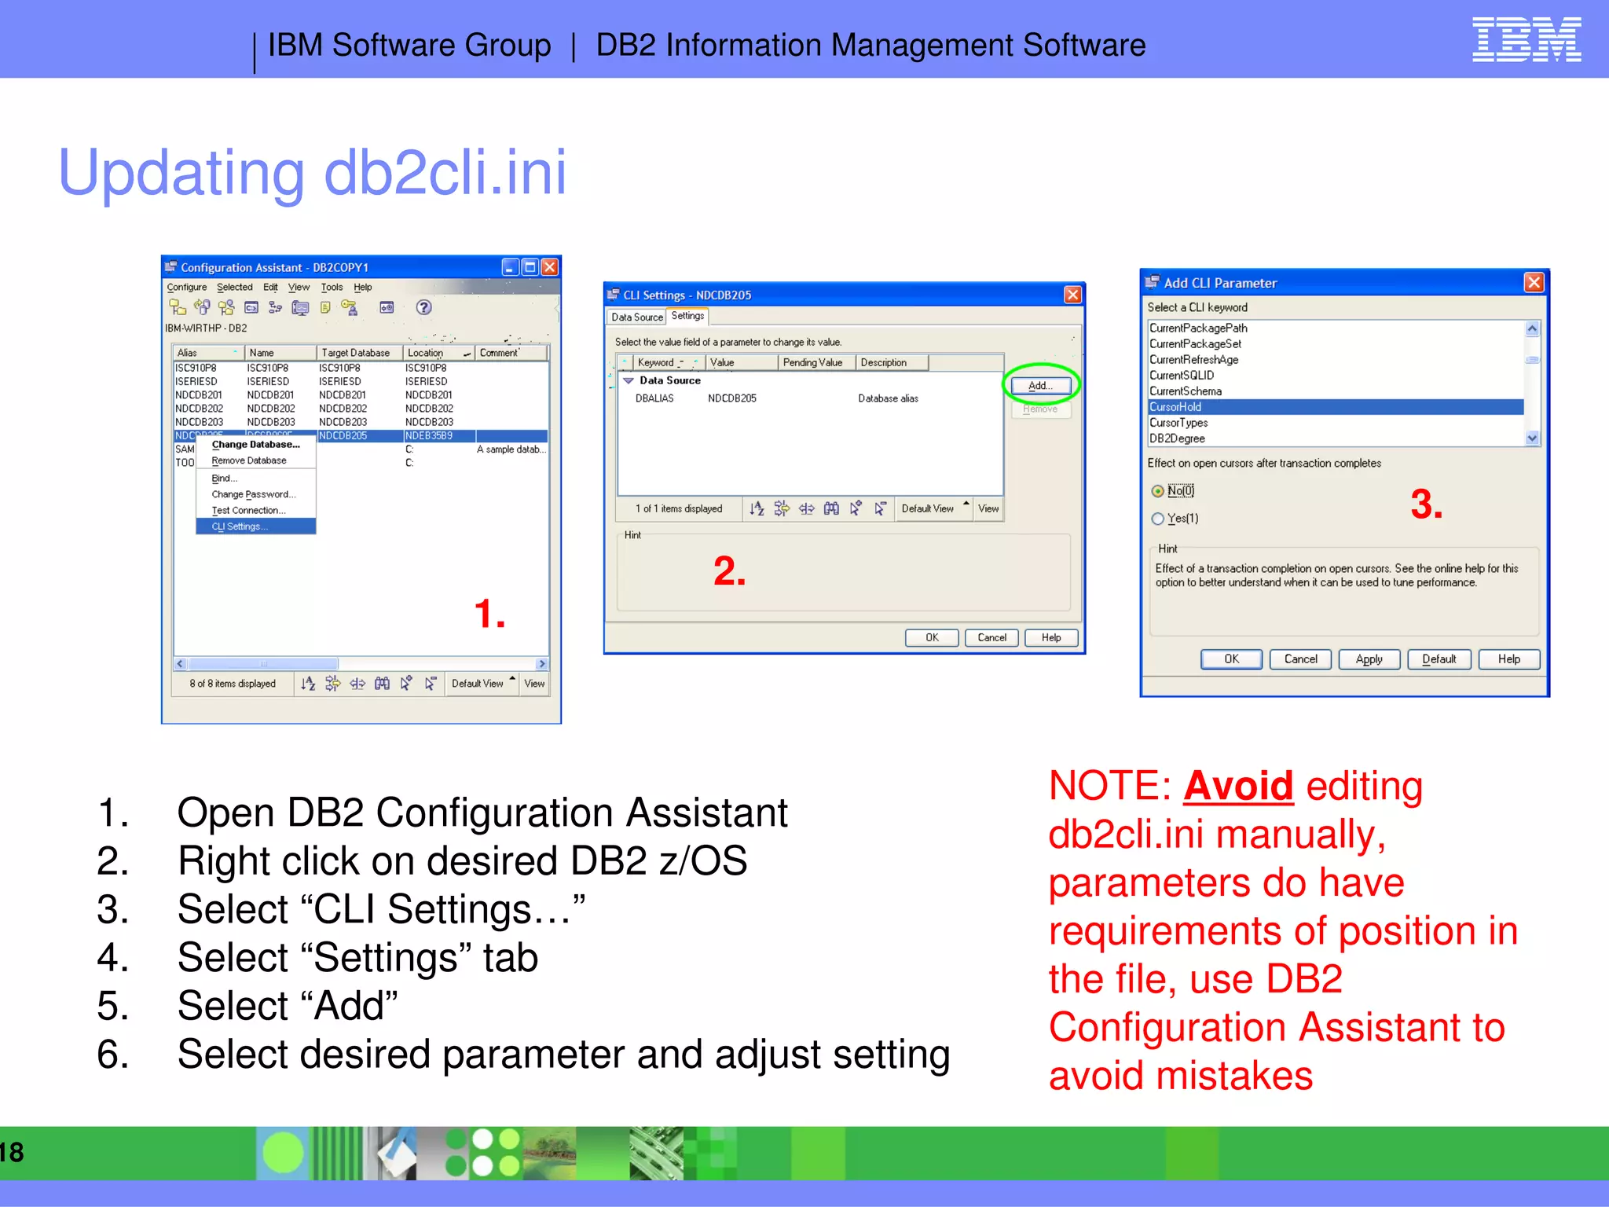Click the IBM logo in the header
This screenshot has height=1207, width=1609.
click(1526, 40)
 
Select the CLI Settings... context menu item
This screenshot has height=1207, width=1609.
click(240, 526)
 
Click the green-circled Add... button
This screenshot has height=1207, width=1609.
click(1040, 385)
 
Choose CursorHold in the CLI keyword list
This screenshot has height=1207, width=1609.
click(1176, 406)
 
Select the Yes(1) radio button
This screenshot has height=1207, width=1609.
click(1157, 519)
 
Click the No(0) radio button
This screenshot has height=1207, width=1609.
click(1157, 491)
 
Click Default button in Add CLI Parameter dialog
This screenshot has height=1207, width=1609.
click(1439, 659)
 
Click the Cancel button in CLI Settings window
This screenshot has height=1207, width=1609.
click(991, 637)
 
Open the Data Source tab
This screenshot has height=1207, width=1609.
click(636, 317)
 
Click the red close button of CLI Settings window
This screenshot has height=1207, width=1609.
click(1072, 295)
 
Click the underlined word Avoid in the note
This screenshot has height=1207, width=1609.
click(1237, 786)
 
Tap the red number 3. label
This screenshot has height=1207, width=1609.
click(1426, 504)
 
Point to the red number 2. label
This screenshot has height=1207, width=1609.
click(729, 570)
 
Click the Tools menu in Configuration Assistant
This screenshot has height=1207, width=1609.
click(332, 288)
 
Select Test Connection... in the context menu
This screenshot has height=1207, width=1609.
click(248, 510)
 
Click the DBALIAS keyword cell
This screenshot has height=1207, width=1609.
click(654, 398)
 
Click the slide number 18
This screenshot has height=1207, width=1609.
click(12, 1153)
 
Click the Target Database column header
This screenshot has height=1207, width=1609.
click(355, 353)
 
